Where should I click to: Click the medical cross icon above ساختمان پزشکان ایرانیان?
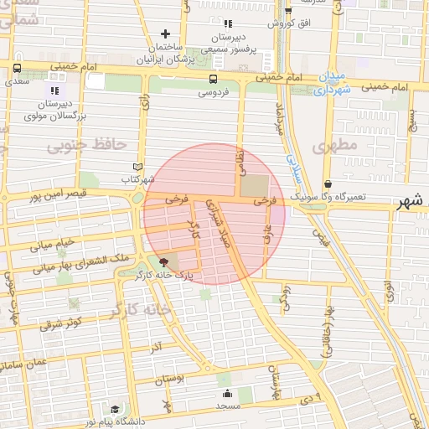click(165, 34)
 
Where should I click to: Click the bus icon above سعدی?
click(17, 68)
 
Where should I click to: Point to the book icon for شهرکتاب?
click(139, 167)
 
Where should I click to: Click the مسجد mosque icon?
click(226, 394)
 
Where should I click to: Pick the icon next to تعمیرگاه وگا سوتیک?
click(327, 183)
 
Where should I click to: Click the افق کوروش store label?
click(289, 23)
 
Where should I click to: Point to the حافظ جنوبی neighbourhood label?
click(80, 147)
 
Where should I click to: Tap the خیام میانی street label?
click(52, 244)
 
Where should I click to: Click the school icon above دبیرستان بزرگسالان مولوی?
click(55, 90)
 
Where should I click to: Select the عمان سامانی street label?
click(25, 365)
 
